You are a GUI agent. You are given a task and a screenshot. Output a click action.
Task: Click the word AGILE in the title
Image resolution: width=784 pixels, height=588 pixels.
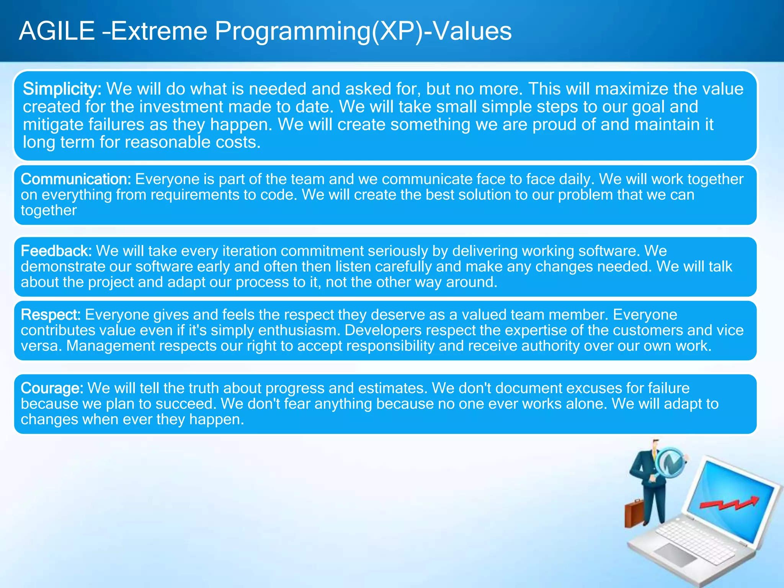pos(57,31)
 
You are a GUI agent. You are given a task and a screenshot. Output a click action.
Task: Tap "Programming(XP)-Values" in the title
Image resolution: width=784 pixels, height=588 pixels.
pos(363,32)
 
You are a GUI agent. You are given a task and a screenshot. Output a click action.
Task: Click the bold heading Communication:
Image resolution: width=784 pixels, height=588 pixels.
pos(76,179)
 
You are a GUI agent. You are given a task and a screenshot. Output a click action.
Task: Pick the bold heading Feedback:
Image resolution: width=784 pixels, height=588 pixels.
pos(56,251)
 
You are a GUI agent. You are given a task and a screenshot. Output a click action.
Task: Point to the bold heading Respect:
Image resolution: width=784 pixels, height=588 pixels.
pos(51,315)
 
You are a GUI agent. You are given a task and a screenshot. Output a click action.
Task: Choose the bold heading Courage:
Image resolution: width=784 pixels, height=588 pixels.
pos(52,388)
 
